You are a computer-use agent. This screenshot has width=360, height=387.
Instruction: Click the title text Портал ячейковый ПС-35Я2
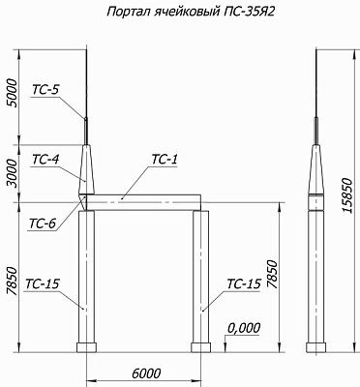point(191,12)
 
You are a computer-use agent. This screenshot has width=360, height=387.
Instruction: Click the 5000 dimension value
point(14,93)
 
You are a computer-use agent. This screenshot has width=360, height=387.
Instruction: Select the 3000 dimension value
point(14,173)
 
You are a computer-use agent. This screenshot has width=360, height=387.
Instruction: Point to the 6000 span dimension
point(146,373)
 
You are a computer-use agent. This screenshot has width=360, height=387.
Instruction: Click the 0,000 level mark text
point(244,328)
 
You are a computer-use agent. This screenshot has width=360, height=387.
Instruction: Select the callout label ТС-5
point(45,90)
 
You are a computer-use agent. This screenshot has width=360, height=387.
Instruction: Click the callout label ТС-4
point(45,160)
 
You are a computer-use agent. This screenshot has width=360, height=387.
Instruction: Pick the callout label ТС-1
point(165,160)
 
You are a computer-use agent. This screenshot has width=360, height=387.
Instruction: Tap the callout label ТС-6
point(43,223)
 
